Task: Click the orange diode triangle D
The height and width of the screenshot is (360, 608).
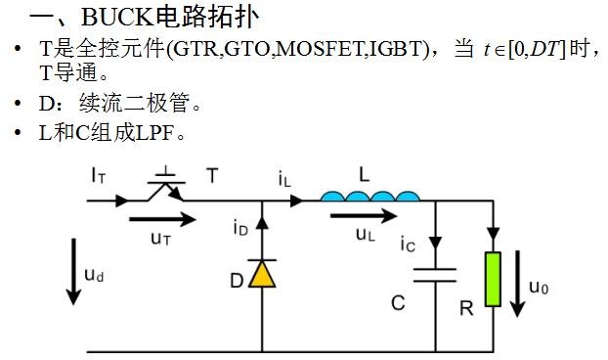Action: [262, 274]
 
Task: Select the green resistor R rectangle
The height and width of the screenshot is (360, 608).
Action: [493, 279]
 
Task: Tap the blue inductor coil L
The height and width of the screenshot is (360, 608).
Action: [370, 196]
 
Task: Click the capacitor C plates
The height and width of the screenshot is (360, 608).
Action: [435, 275]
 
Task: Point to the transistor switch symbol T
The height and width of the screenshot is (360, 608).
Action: [167, 186]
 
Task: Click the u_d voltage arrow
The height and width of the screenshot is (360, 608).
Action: [73, 272]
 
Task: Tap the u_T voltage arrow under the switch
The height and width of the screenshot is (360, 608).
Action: [163, 219]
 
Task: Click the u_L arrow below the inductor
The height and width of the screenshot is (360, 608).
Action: [364, 215]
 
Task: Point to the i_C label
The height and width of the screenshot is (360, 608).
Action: [408, 245]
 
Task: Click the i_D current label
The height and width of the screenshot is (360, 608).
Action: [240, 227]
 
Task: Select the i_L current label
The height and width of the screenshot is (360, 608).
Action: [284, 179]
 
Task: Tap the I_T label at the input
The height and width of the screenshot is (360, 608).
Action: [99, 175]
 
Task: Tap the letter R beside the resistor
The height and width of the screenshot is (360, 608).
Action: [466, 309]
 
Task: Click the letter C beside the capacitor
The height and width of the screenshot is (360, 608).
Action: [398, 303]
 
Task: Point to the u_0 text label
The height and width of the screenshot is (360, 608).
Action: [539, 288]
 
